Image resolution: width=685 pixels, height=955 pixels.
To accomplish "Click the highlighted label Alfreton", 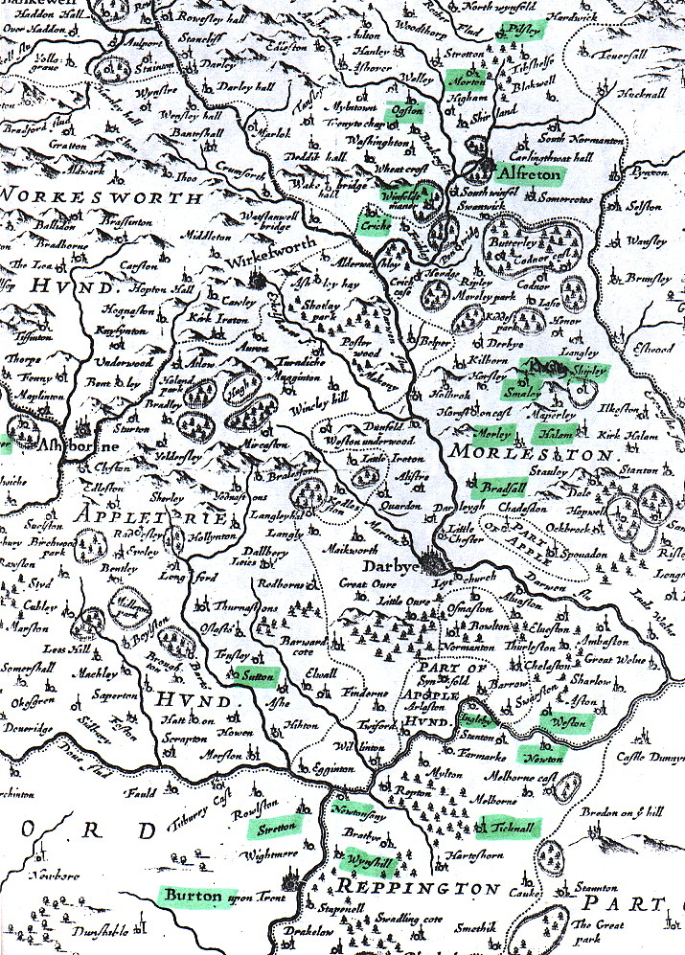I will pos(532,173).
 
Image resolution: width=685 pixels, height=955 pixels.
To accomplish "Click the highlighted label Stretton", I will pos(272,826).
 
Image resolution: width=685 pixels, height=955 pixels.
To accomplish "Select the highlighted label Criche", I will pos(371,225).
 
